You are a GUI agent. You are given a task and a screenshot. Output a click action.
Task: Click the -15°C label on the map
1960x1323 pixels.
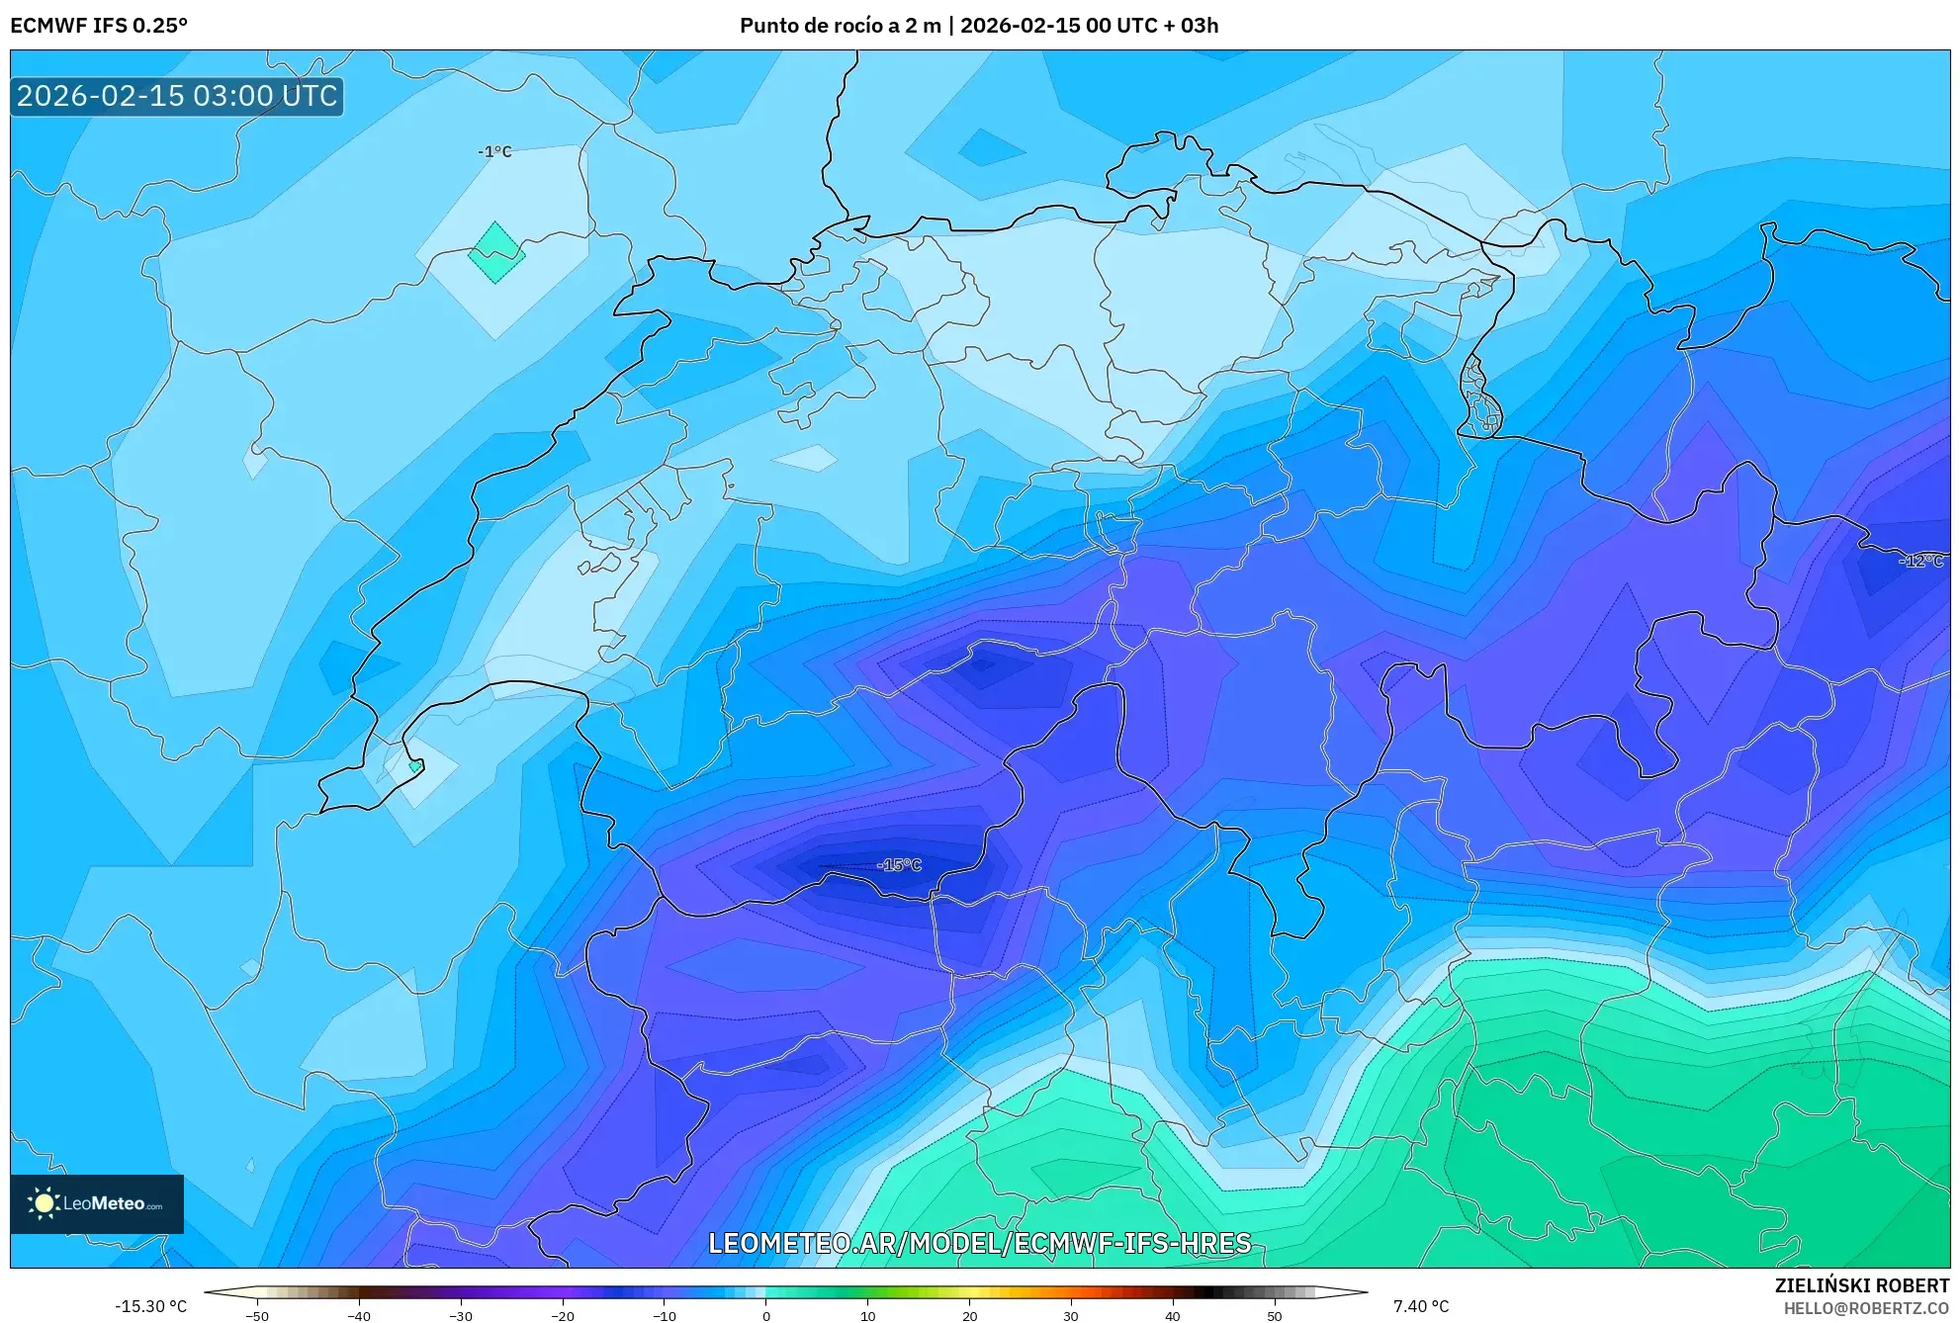[899, 865]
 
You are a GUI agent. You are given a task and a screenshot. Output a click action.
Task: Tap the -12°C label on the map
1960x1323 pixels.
[1922, 561]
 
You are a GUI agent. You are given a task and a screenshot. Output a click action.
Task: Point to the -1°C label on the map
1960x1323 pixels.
[494, 151]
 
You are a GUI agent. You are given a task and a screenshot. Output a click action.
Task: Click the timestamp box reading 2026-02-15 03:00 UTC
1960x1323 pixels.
[177, 96]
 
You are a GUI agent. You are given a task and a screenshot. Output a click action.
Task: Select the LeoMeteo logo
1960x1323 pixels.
[97, 1203]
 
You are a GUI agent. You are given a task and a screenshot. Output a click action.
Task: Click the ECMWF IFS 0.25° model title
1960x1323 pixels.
[99, 26]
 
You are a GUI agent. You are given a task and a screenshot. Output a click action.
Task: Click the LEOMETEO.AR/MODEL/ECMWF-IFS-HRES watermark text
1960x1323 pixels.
[980, 1243]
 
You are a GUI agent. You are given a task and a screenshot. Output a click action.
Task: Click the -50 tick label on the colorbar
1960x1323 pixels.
[257, 1316]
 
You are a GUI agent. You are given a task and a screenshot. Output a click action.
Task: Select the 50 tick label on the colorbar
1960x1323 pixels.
[1274, 1316]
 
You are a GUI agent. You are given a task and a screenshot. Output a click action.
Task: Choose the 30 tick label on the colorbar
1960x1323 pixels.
[1071, 1316]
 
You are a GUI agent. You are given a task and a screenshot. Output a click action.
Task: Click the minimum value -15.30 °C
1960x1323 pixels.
[150, 1306]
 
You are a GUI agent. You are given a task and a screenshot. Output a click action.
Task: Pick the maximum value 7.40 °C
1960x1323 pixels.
[1421, 1306]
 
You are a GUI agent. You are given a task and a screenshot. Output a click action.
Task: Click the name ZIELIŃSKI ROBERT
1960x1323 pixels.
[1862, 1285]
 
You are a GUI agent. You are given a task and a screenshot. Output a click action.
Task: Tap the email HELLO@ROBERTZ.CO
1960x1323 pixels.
[1866, 1308]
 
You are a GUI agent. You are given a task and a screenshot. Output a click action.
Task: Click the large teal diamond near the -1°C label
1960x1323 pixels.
[496, 252]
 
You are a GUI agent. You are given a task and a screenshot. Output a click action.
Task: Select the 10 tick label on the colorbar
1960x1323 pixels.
[868, 1316]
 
